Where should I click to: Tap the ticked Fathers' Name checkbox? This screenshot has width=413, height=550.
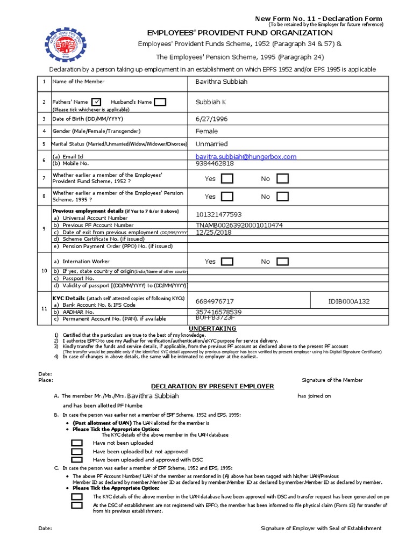(x=96, y=102)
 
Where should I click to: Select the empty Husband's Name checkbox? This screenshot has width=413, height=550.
(x=160, y=102)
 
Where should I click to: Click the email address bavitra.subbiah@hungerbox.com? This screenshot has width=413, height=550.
(x=246, y=156)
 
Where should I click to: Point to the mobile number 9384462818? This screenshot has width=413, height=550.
(x=215, y=163)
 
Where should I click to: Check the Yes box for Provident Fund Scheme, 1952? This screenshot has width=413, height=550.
(x=227, y=179)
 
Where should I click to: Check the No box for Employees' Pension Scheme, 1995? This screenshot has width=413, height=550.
(x=282, y=197)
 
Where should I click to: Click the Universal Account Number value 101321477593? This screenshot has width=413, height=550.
(x=219, y=214)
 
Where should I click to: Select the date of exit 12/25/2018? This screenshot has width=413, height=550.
(x=213, y=232)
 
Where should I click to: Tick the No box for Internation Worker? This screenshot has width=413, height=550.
(x=282, y=262)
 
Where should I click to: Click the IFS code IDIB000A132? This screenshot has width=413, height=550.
(x=349, y=302)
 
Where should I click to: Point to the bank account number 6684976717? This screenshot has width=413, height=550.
(x=215, y=302)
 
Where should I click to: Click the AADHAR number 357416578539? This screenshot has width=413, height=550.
(x=219, y=312)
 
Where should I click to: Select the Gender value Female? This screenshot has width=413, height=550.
(x=207, y=131)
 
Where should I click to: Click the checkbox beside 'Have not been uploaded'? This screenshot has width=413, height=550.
(x=77, y=443)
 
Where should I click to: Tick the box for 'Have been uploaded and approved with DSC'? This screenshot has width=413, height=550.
(x=77, y=460)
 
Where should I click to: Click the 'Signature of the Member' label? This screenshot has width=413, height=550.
(x=332, y=380)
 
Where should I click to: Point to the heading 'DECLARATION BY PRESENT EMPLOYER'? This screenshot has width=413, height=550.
(x=212, y=386)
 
